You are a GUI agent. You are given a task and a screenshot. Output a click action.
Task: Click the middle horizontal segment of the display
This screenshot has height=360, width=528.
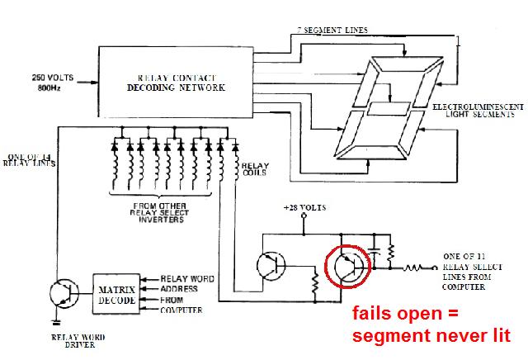pos(389,108)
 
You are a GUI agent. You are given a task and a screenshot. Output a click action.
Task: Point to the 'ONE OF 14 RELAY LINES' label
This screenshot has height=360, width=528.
pos(28,162)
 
